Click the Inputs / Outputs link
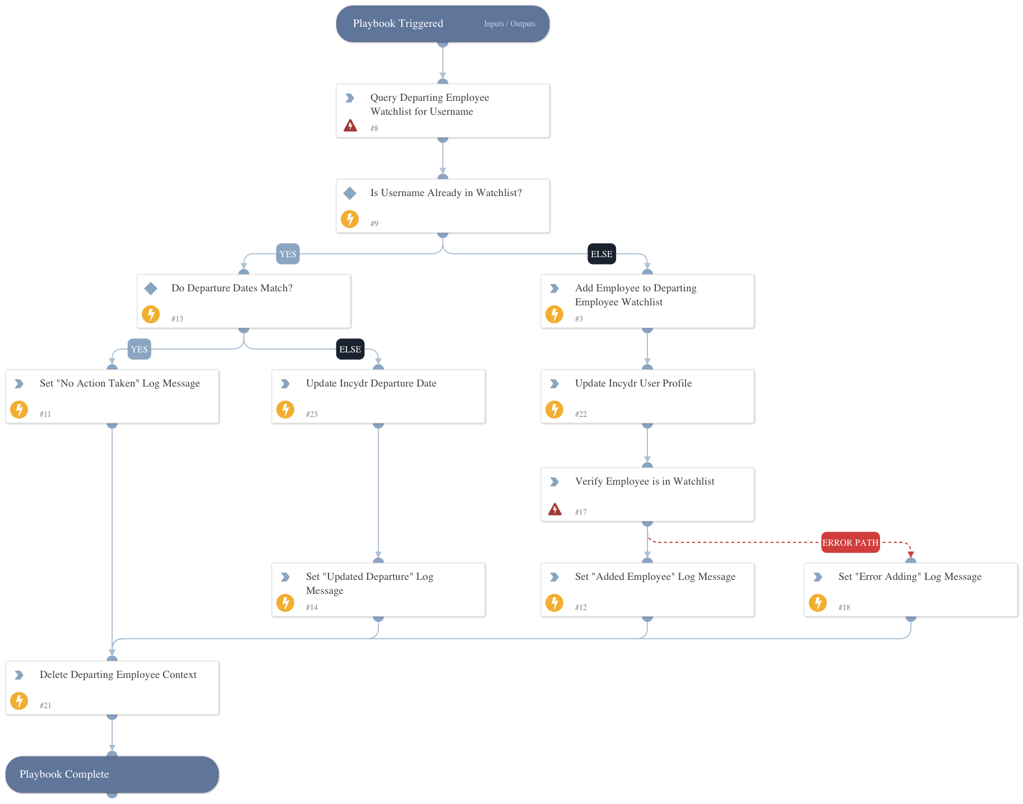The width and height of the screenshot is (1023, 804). point(510,24)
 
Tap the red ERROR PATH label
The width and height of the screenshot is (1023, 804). point(850,542)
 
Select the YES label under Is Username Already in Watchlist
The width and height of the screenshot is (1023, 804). point(288,254)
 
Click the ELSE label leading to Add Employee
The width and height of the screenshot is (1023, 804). point(601,254)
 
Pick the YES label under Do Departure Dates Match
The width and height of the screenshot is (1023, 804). point(139,349)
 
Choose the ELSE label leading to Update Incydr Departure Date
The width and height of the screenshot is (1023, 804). point(350,349)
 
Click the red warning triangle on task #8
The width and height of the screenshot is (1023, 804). point(350,125)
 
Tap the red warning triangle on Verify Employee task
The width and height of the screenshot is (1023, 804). point(554,509)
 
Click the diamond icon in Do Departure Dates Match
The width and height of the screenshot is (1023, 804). point(151,289)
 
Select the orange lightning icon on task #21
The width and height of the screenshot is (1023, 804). point(19,701)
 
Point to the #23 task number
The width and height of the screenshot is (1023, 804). point(312,414)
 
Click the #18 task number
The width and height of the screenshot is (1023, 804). point(844,607)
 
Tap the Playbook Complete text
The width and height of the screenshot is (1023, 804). point(64,774)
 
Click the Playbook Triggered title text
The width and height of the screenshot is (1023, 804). point(398,24)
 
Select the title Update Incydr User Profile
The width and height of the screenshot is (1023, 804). point(633,383)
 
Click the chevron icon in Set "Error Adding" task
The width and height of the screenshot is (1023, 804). point(818,577)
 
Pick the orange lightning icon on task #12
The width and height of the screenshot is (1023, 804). point(554,603)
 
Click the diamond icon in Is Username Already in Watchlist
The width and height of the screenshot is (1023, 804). point(350,193)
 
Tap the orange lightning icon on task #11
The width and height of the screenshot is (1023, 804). point(19,410)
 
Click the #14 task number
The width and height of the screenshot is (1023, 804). point(312,607)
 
